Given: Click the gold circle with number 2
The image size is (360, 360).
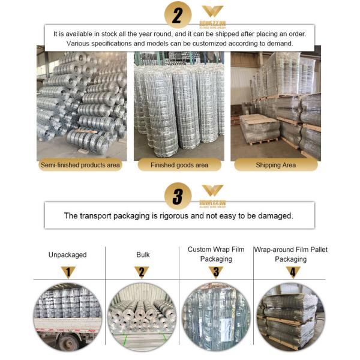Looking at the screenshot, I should click(x=178, y=15).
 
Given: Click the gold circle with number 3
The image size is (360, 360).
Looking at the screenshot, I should click(x=178, y=196).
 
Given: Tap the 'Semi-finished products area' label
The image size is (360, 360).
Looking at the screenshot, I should click(x=80, y=165).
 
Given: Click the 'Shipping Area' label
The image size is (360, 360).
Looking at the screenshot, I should click(x=276, y=165).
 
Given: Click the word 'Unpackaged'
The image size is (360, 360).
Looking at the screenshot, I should click(x=67, y=254).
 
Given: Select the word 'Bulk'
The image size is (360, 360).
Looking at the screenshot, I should click(x=143, y=254).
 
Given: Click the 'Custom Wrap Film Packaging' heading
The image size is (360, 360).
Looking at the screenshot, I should click(x=216, y=254).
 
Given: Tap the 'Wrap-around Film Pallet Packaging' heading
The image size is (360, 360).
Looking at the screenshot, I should click(x=290, y=254).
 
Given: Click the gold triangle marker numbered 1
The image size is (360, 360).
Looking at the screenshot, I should click(x=68, y=272).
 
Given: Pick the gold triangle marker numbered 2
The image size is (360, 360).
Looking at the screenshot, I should click(x=142, y=272).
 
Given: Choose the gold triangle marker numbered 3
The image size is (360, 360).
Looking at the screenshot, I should click(x=216, y=272).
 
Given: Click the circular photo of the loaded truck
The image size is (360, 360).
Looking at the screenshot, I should click(x=67, y=317).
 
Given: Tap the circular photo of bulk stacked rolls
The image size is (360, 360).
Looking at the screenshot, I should click(x=142, y=317).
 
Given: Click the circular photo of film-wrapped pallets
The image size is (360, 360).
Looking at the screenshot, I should click(x=290, y=317).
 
